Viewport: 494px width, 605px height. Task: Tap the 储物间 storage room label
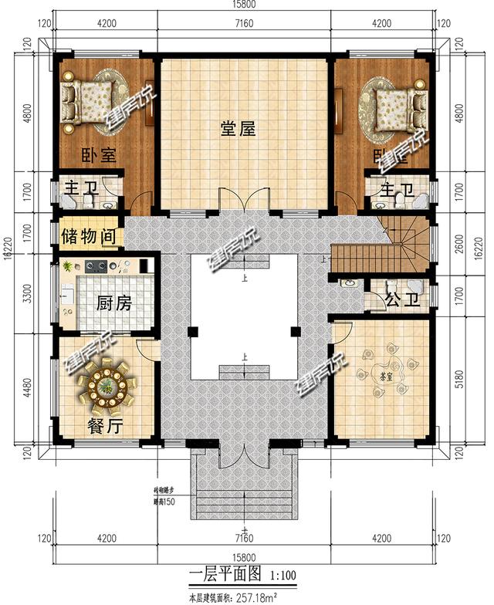[89, 235]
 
